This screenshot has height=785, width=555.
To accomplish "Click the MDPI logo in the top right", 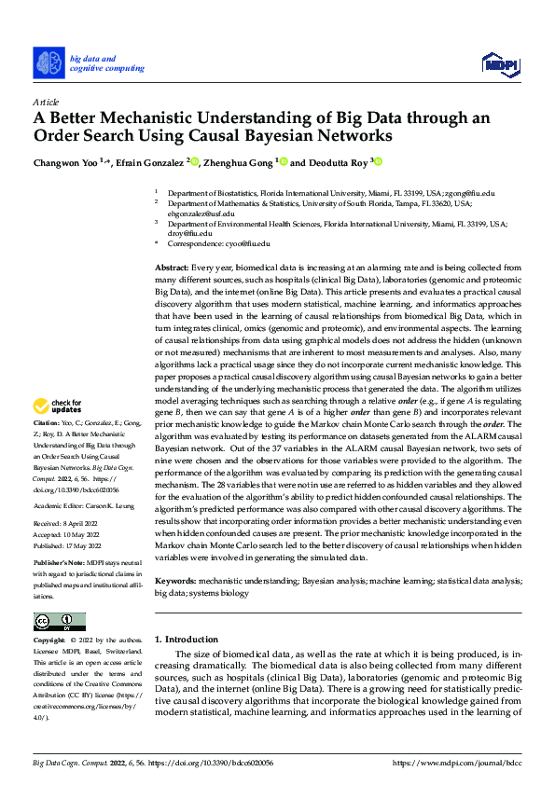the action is click(498, 64).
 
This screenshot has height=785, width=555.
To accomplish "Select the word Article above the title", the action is click(46, 102).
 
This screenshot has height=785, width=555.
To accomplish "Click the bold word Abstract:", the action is click(173, 268).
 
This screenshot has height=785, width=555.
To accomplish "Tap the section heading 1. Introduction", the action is click(187, 640).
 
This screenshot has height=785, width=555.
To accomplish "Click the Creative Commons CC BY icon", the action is click(59, 622).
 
